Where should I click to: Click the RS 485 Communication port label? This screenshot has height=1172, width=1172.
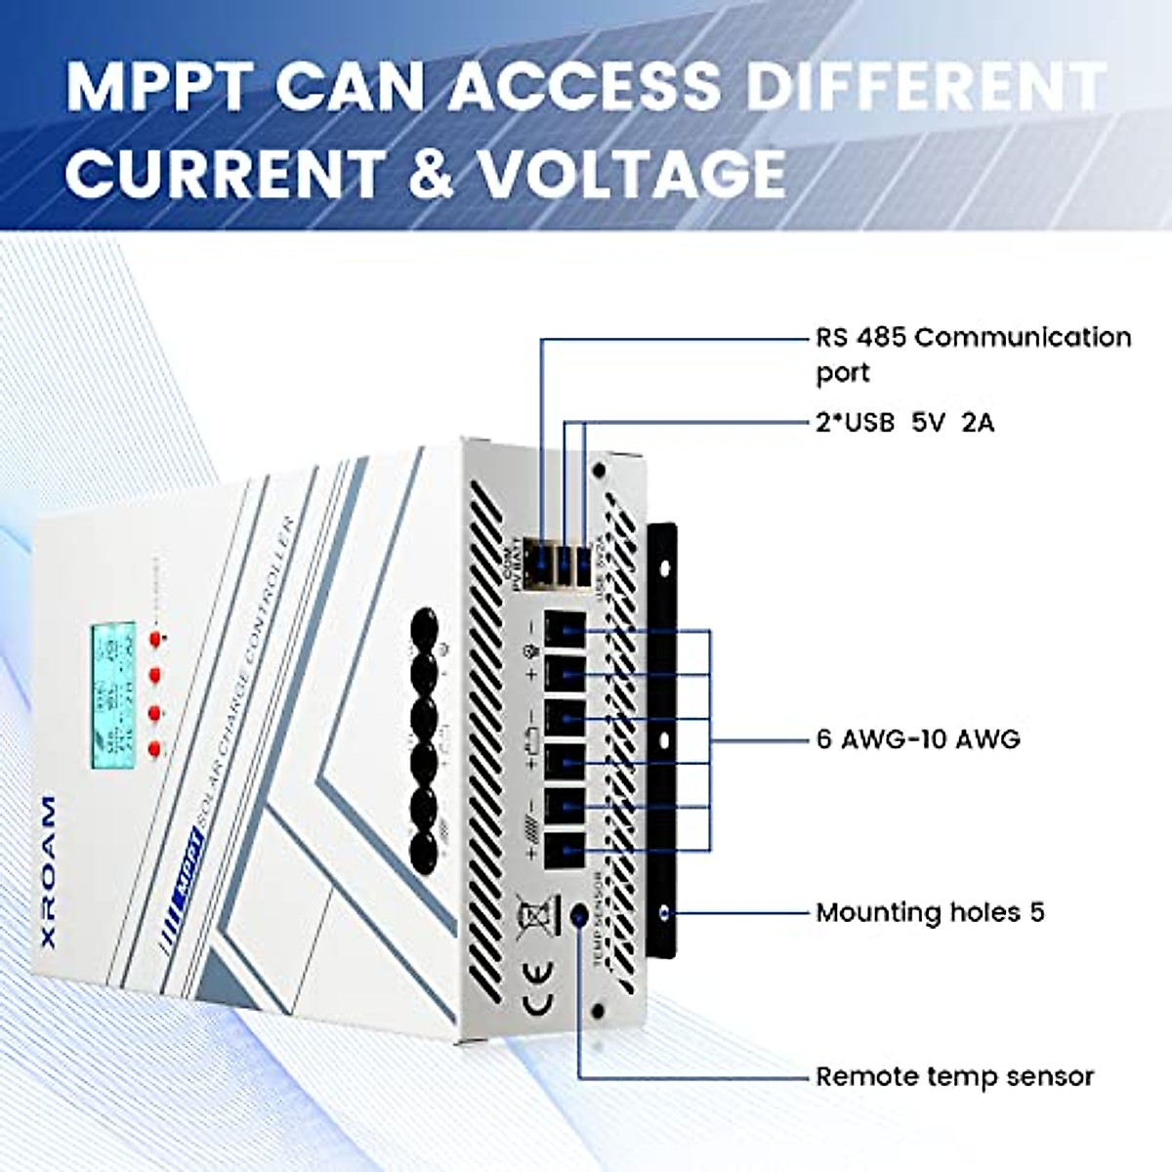coord(973,354)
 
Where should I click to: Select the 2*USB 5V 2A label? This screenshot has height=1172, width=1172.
coord(904,423)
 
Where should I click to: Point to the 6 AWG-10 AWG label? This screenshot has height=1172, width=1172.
coord(918,739)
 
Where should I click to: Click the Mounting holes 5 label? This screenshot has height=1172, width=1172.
coord(930,913)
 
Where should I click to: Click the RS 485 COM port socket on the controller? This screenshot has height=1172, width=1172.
coord(540,564)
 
